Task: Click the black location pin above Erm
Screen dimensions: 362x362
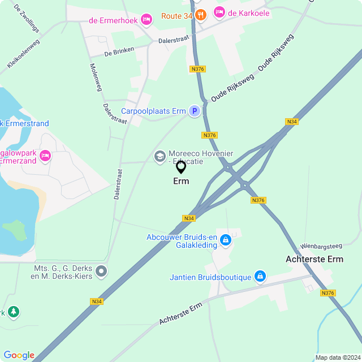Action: [x=181, y=167]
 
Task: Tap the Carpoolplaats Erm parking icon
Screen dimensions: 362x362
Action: [x=194, y=111]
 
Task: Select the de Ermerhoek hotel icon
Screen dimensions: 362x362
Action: [x=146, y=20]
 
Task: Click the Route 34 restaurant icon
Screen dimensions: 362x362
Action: [x=201, y=16]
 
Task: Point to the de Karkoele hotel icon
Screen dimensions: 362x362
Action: [x=218, y=11]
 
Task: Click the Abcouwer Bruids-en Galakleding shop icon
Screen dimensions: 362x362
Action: [x=226, y=240]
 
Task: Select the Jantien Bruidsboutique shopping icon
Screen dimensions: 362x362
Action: [x=260, y=277]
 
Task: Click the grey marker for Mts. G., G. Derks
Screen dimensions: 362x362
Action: [x=101, y=272]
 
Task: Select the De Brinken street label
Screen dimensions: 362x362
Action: [x=119, y=52]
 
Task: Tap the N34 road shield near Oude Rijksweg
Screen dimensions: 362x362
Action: [x=292, y=122]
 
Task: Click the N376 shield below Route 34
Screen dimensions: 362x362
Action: [x=197, y=69]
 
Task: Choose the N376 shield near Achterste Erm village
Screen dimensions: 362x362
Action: [x=327, y=292]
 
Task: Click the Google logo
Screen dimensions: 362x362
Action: [x=19, y=355]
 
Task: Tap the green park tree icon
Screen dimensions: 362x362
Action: [x=13, y=311]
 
